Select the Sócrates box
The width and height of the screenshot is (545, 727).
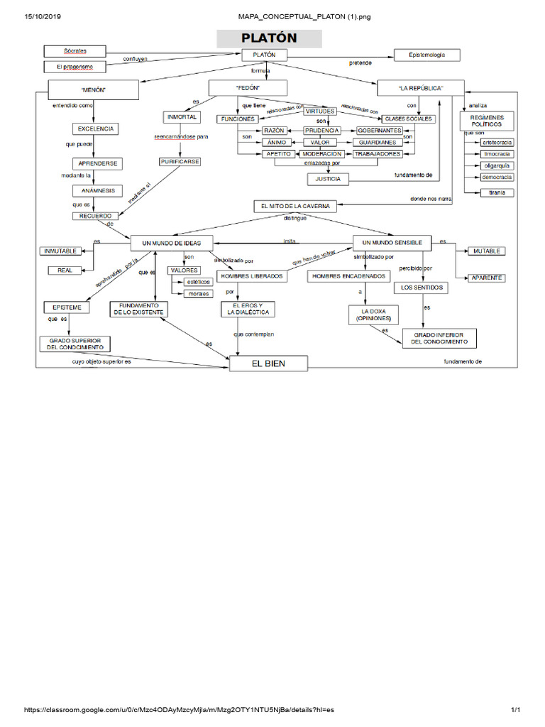(x=75, y=51)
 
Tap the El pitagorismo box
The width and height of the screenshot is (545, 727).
(x=75, y=67)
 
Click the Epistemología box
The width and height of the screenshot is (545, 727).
(x=427, y=55)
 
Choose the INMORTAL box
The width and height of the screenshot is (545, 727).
(x=182, y=116)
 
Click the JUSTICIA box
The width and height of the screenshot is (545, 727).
(x=327, y=179)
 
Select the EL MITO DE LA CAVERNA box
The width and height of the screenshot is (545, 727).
(x=295, y=206)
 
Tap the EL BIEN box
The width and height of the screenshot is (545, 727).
(x=268, y=364)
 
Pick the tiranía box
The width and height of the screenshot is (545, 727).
(x=497, y=192)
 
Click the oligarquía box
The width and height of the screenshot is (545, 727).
(x=497, y=165)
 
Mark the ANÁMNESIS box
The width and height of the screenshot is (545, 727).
(x=98, y=191)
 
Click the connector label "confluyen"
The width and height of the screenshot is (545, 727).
(x=135, y=60)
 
